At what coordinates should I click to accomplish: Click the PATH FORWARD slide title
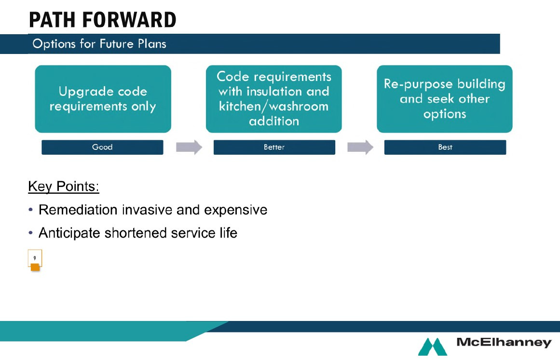pyautogui.click(x=103, y=20)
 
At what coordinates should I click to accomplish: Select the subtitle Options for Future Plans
pyautogui.click(x=99, y=44)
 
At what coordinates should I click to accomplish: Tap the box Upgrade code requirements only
pyautogui.click(x=103, y=99)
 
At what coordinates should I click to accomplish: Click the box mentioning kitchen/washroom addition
pyautogui.click(x=274, y=99)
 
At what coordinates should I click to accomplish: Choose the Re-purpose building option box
pyautogui.click(x=445, y=99)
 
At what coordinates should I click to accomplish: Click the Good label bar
pyautogui.click(x=103, y=147)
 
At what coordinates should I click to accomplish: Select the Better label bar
pyautogui.click(x=274, y=147)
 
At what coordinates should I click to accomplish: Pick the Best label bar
pyautogui.click(x=445, y=147)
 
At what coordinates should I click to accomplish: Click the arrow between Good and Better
pyautogui.click(x=189, y=147)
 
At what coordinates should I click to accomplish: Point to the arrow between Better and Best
pyautogui.click(x=360, y=147)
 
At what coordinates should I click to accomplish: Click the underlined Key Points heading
pyautogui.click(x=64, y=187)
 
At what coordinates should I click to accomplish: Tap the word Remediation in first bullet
pyautogui.click(x=78, y=210)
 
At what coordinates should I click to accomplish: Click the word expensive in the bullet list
pyautogui.click(x=236, y=210)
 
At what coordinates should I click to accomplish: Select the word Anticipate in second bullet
pyautogui.click(x=69, y=233)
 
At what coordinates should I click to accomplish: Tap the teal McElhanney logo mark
pyautogui.click(x=433, y=347)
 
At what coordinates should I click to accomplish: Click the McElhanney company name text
pyautogui.click(x=504, y=342)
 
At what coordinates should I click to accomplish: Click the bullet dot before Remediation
pyautogui.click(x=31, y=210)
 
